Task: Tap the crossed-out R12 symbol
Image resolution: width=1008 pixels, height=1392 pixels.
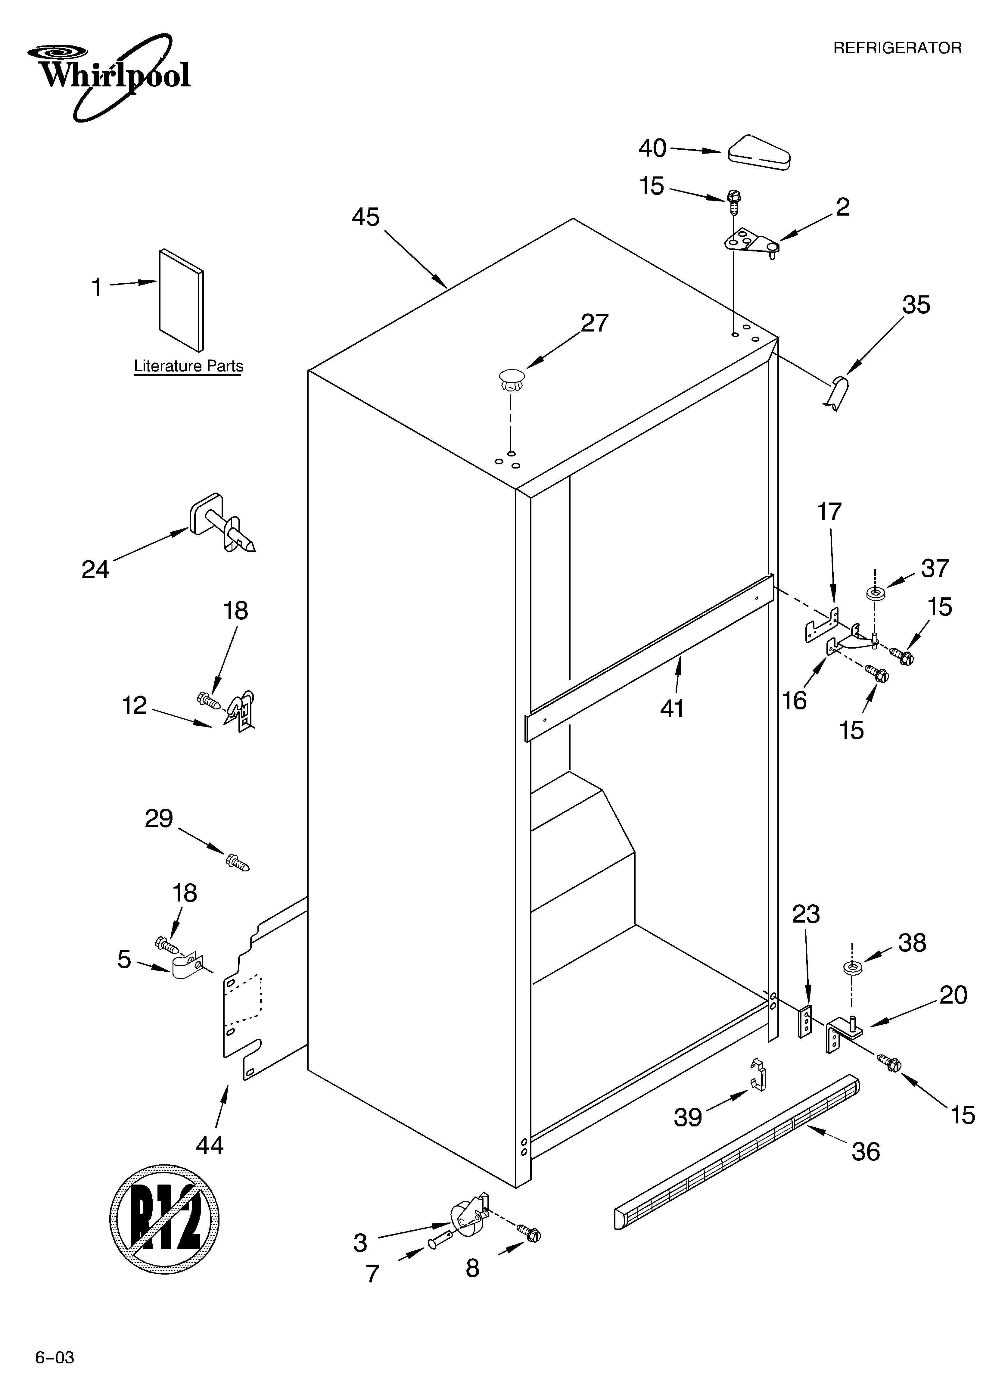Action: pyautogui.click(x=164, y=1217)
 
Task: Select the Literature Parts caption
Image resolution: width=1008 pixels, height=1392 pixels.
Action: pyautogui.click(x=188, y=366)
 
